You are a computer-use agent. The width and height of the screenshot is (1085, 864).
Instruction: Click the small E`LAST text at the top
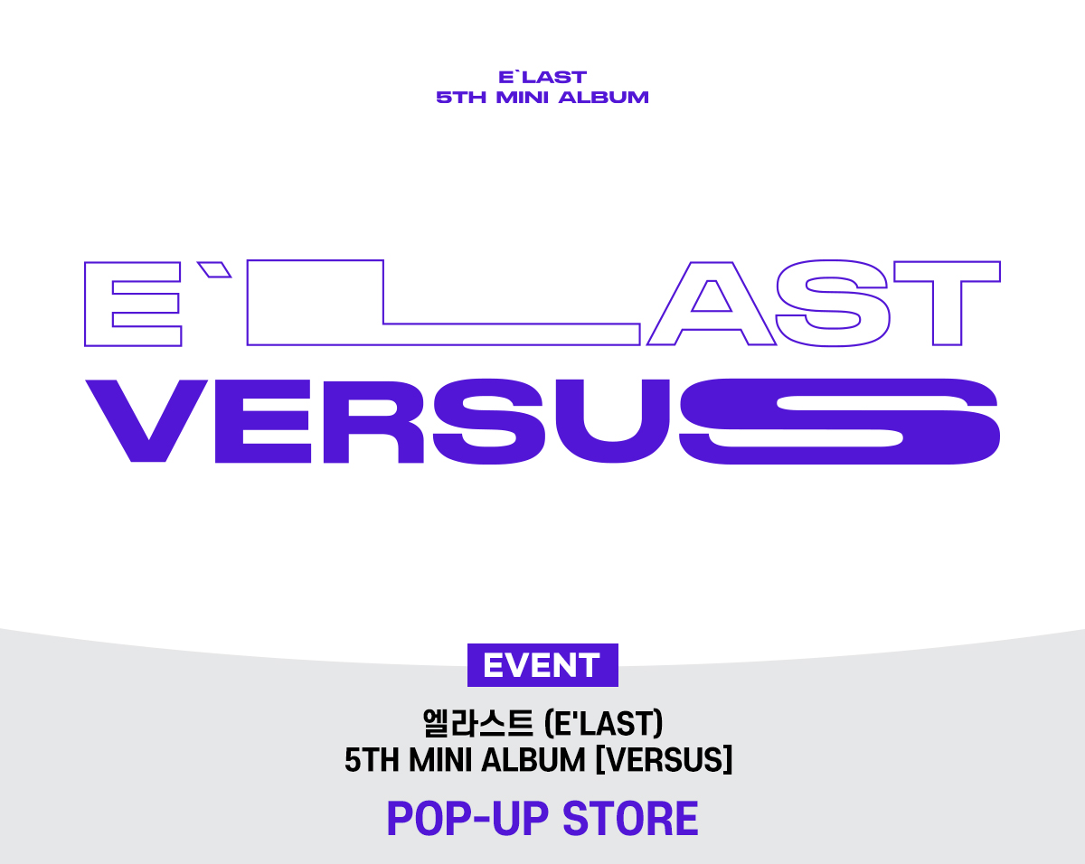(x=542, y=77)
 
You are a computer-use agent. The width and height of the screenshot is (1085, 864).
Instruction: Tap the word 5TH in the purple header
(x=461, y=98)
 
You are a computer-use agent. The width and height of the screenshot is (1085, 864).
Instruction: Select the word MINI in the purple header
(x=522, y=98)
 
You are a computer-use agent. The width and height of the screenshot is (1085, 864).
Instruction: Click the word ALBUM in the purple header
(x=603, y=98)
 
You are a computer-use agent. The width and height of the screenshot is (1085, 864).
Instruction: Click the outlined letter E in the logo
(x=98, y=304)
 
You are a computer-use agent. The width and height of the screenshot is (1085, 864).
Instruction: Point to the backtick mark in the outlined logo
(x=213, y=269)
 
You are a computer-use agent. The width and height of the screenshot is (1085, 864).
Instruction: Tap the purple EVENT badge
(x=542, y=665)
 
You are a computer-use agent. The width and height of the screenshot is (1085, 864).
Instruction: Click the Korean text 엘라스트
(x=477, y=723)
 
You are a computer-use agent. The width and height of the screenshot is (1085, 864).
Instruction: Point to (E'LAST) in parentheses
(x=603, y=723)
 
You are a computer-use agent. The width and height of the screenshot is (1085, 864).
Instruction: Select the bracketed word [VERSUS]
(x=664, y=760)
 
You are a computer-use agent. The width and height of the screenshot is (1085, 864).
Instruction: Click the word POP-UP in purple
(x=467, y=819)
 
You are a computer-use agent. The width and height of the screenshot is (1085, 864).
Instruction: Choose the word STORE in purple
(x=630, y=819)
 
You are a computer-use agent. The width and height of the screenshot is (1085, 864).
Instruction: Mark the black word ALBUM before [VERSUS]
(x=533, y=760)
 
